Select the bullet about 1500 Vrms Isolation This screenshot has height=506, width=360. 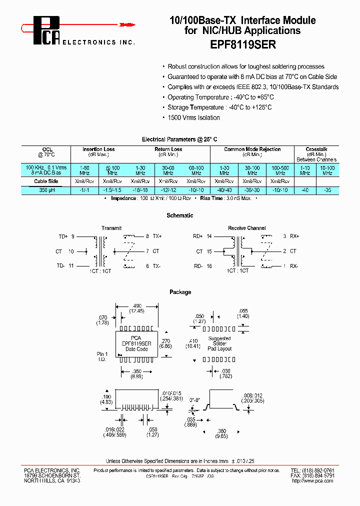[x=193, y=117]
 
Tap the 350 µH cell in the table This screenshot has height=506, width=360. [x=46, y=190]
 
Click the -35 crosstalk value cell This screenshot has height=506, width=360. [x=327, y=190]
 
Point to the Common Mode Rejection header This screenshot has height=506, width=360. [x=252, y=149]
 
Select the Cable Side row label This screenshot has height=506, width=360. [x=46, y=181]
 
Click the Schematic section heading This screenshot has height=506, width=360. [x=180, y=215]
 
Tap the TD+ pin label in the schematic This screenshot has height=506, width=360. [x=63, y=236]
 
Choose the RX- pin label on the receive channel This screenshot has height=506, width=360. [x=293, y=266]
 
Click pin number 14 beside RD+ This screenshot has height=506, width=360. [x=209, y=236]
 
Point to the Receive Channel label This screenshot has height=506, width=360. [x=246, y=228]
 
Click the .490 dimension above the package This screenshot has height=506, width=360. [x=137, y=305]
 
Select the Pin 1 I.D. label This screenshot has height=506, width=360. [x=102, y=356]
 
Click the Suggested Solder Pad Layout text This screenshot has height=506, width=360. [x=219, y=343]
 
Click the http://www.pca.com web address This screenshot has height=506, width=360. [x=312, y=480]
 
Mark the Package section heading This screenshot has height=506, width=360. [x=180, y=292]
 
